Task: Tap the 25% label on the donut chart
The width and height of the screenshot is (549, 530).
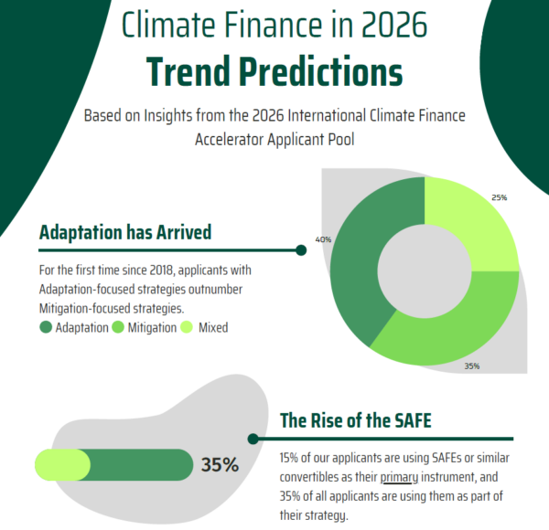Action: coord(499,197)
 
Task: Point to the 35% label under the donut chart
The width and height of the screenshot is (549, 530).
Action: coord(471,366)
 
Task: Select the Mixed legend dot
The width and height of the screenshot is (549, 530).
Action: coord(187,327)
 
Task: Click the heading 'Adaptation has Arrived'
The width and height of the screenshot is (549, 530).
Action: coord(125,232)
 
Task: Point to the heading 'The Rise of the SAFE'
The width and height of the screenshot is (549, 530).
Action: coord(355,421)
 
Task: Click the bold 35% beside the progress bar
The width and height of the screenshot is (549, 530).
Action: coord(220,464)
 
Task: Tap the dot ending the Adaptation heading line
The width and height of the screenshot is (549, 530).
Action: coord(301,249)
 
